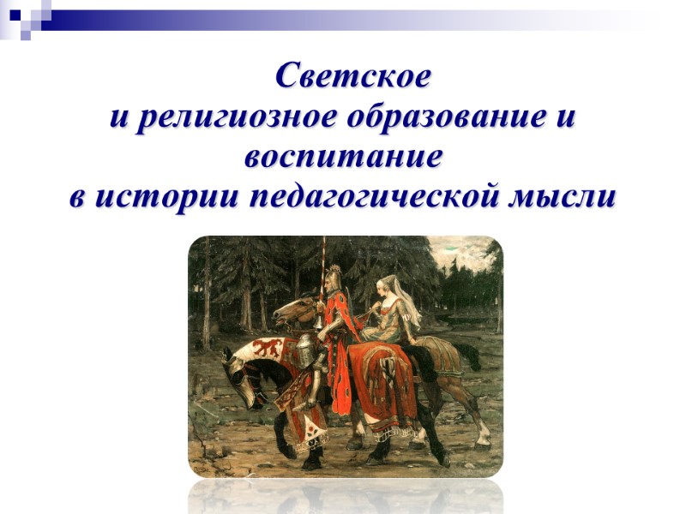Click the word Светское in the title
tap(353, 76)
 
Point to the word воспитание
tap(343, 158)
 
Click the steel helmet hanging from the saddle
tap(305, 350)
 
